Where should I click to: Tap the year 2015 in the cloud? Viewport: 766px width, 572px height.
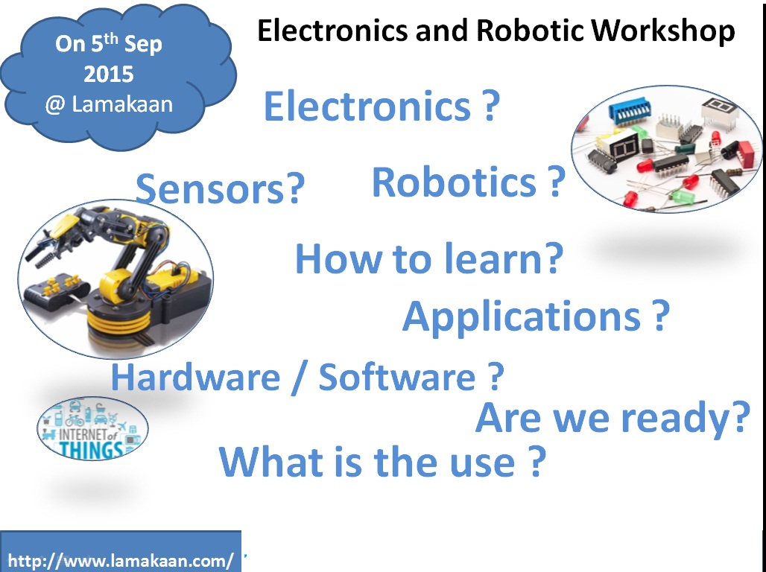(x=109, y=74)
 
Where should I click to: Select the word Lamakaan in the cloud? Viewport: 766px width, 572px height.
(x=122, y=104)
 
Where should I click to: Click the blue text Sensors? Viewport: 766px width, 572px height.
(x=220, y=189)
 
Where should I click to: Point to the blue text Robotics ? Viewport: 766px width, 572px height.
(x=469, y=182)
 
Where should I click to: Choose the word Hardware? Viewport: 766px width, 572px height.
(x=195, y=377)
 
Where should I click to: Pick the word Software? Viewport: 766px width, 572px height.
(x=396, y=377)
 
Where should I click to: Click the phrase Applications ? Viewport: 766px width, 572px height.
(x=536, y=317)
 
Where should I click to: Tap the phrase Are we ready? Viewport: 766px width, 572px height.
(x=613, y=419)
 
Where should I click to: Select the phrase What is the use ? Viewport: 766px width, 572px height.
(x=382, y=462)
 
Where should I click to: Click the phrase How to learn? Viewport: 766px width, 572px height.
(x=429, y=258)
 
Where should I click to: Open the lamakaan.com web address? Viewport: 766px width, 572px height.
(x=121, y=560)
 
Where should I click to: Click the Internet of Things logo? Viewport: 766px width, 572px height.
(x=92, y=428)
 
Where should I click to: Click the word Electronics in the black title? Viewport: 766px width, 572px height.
(x=332, y=31)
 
